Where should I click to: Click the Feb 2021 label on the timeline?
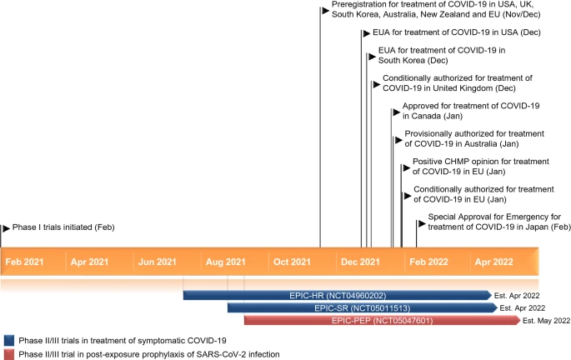click(25, 262)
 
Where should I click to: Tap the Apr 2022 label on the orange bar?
click(493, 262)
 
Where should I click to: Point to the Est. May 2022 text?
click(546, 320)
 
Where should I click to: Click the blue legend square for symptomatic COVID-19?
click(8, 340)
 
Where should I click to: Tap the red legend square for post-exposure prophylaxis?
click(8, 354)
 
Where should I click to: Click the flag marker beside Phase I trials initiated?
click(6, 227)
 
